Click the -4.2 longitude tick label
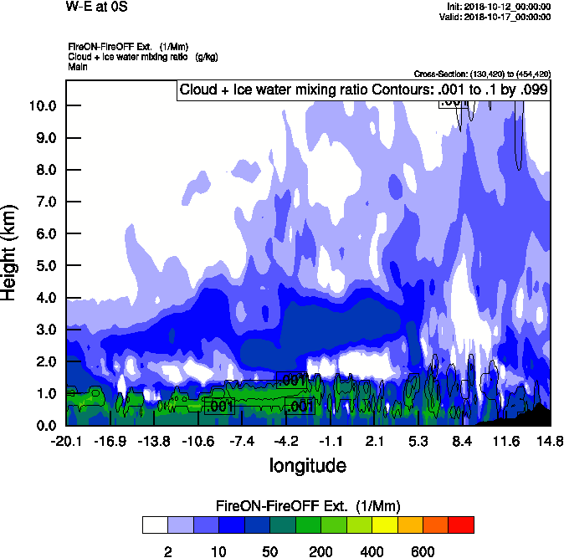point(286,441)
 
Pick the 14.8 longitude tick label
point(549,441)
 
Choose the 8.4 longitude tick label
point(462,441)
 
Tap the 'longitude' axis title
point(307,464)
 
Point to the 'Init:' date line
point(500,7)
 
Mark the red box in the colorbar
point(461,525)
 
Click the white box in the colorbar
point(155,525)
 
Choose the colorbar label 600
point(423,552)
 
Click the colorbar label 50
point(269,552)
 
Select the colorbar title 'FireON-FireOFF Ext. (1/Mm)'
point(308,506)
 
